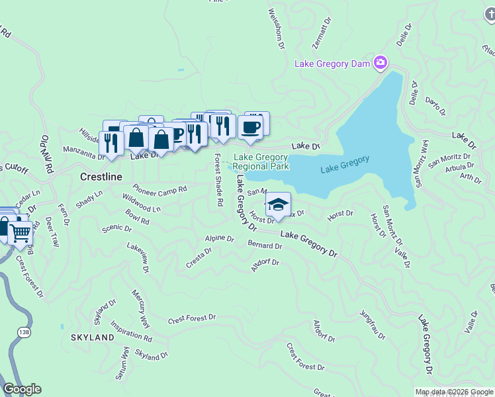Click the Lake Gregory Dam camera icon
click(x=381, y=64)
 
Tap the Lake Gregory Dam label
click(x=334, y=64)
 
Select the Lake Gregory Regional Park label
click(x=261, y=161)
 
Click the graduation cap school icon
click(x=279, y=204)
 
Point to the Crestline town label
click(x=101, y=177)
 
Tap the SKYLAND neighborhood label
click(x=93, y=337)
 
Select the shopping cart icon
click(x=21, y=232)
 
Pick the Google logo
click(x=22, y=389)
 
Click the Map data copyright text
click(x=454, y=392)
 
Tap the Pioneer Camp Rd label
click(x=159, y=188)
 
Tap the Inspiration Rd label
click(x=131, y=332)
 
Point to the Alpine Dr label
click(x=219, y=238)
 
